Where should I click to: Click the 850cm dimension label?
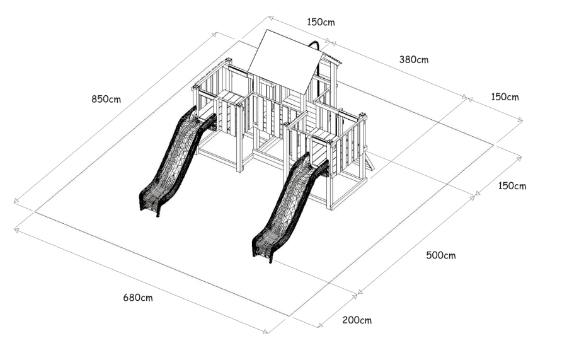click(106, 99)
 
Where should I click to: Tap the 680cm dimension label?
click(138, 298)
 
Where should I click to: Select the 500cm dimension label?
click(441, 255)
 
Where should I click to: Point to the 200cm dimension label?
click(357, 320)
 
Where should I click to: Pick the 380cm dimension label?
click(414, 59)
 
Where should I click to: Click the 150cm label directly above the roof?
click(321, 22)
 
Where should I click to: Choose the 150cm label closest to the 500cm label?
click(512, 186)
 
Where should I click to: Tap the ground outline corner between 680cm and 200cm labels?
click(290, 316)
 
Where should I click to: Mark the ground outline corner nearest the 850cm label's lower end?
click(35, 212)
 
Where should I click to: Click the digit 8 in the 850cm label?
click(94, 99)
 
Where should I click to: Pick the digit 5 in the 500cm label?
click(429, 255)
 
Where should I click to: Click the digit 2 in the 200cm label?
click(345, 320)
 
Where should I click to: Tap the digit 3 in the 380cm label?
click(402, 59)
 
